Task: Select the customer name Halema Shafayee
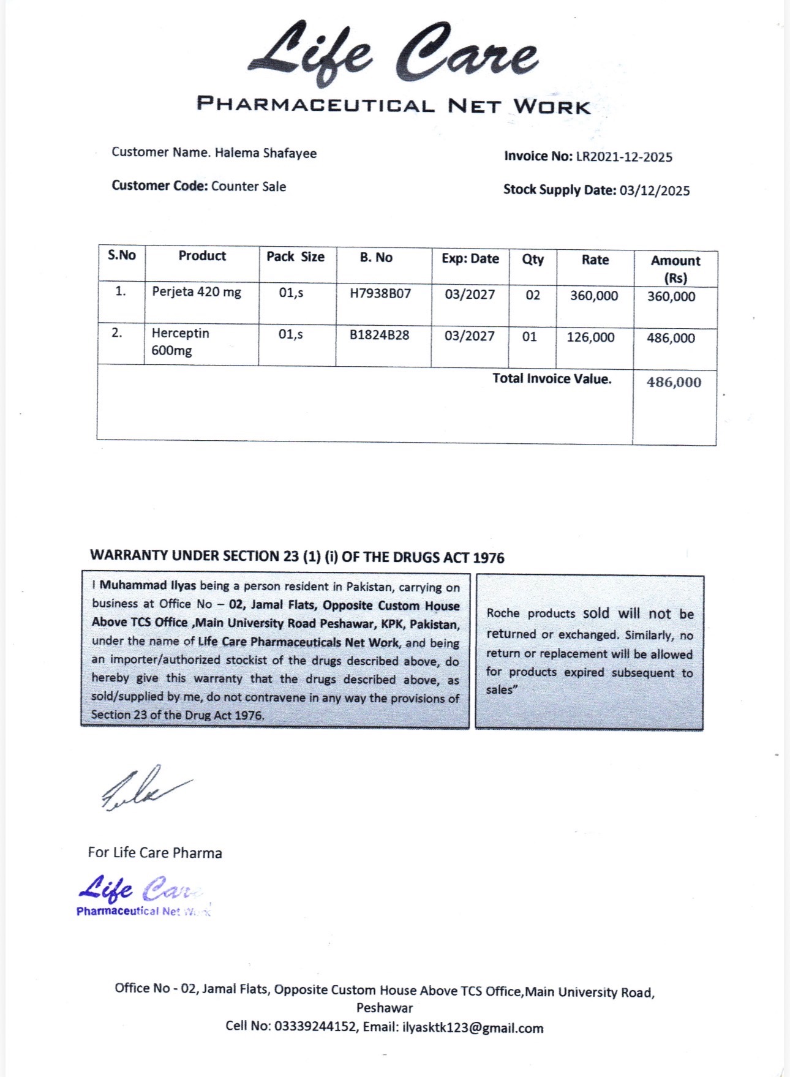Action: (265, 153)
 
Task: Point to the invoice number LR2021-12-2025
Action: (623, 157)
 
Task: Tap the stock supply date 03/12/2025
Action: (654, 190)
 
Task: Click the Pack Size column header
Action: (295, 257)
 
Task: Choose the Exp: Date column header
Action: (470, 259)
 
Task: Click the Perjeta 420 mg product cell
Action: (197, 292)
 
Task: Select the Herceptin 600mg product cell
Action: (180, 342)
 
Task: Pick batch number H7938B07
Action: (380, 294)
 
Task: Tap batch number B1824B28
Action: (379, 336)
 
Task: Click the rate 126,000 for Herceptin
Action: (590, 337)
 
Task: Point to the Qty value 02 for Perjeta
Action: (533, 296)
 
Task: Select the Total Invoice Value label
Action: (552, 379)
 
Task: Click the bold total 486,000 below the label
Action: (674, 383)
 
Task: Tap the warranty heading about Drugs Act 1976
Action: (297, 557)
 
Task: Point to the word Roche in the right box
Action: (503, 613)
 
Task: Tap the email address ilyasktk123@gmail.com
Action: (473, 1028)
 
